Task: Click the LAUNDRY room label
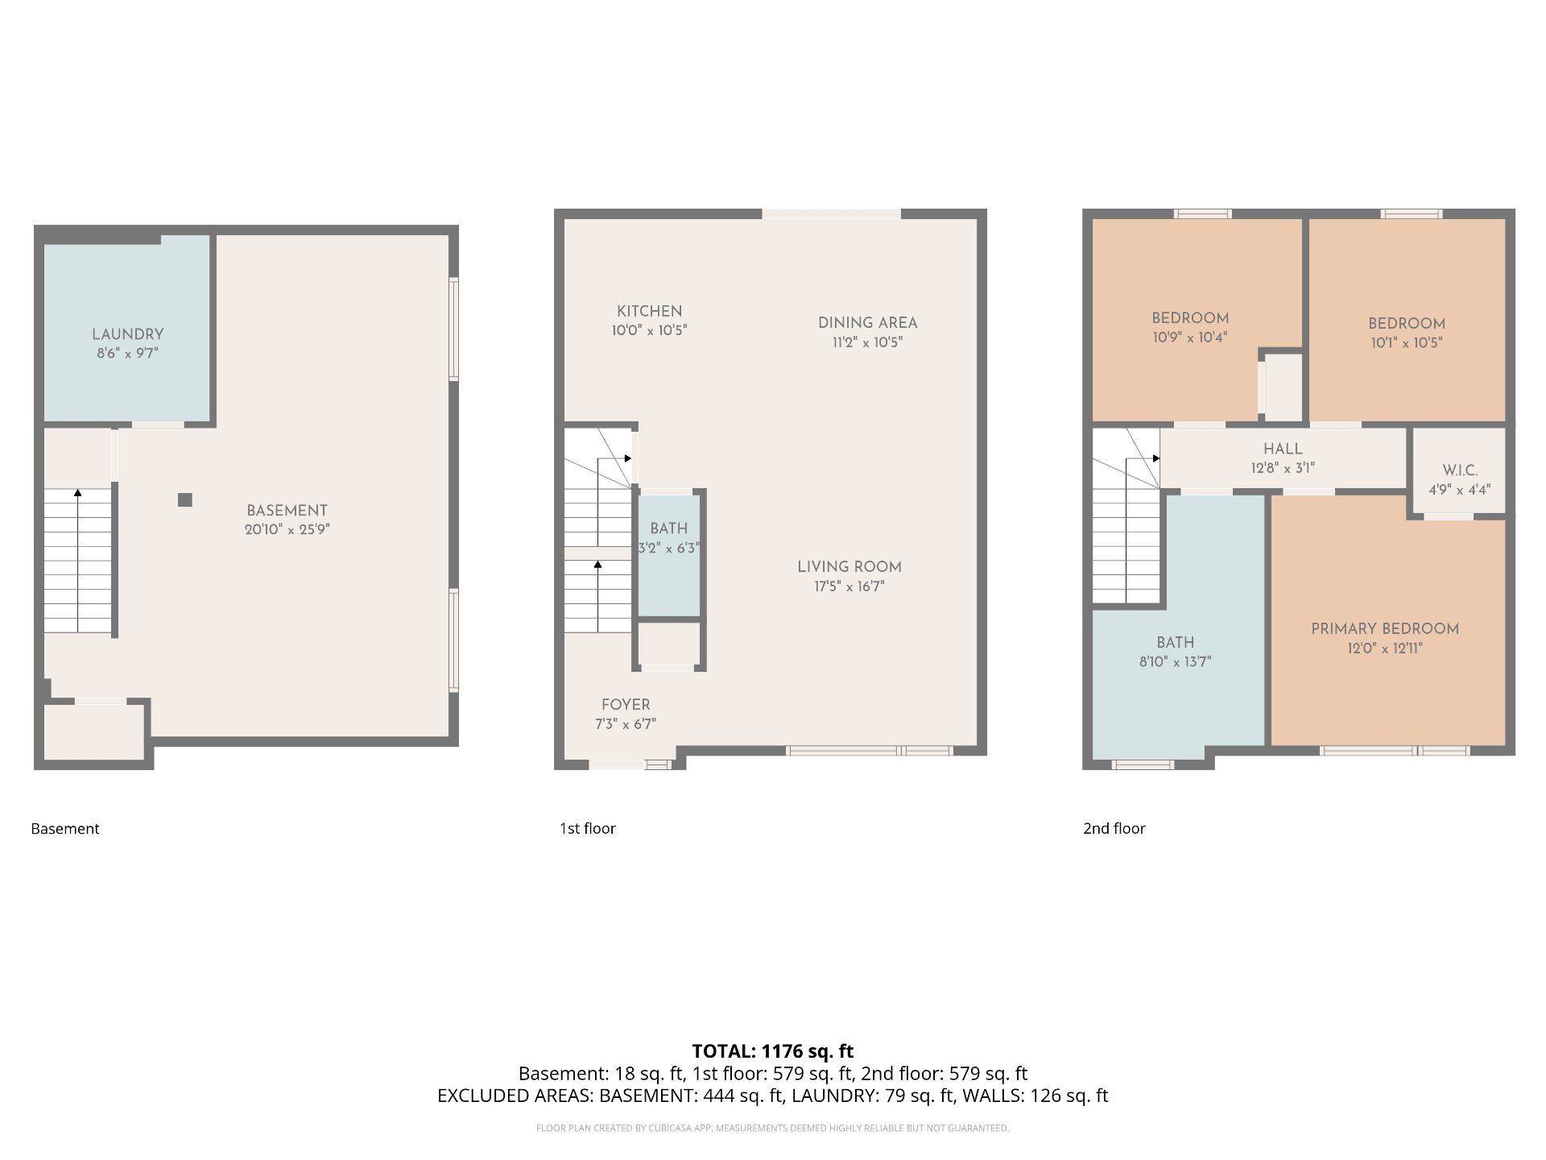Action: coord(127,334)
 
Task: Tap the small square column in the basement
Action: coord(185,499)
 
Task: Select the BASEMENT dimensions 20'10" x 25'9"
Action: coord(287,529)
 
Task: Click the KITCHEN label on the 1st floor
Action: coord(649,311)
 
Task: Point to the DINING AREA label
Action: coord(867,322)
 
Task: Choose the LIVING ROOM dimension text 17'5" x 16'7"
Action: coord(849,586)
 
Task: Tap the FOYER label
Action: coord(626,705)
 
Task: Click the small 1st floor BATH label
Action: coord(669,528)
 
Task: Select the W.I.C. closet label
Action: coord(1460,470)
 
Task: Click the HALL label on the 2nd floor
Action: coord(1283,449)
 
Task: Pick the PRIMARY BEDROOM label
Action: coord(1385,628)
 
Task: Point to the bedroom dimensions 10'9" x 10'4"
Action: coord(1189,338)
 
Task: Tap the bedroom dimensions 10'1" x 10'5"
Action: coord(1407,342)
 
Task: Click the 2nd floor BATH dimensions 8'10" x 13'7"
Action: coord(1175,662)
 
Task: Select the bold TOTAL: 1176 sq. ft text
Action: coord(773,1051)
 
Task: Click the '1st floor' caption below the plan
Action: coord(588,828)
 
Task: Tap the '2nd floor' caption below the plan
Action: coord(1114,828)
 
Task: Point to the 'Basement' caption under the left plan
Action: coord(65,828)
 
